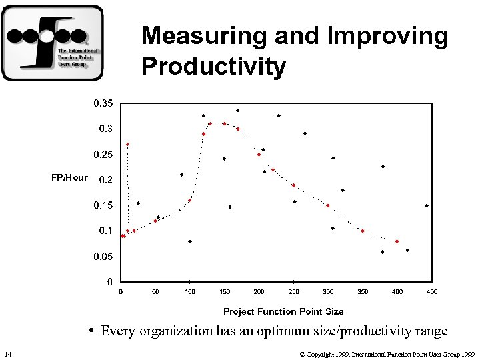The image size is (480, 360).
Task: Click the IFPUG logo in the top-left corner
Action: pyautogui.click(x=53, y=43)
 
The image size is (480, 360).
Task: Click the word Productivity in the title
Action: pyautogui.click(x=213, y=67)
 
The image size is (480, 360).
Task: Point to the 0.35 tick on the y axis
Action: pyautogui.click(x=103, y=103)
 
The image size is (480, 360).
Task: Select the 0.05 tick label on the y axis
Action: pyautogui.click(x=103, y=257)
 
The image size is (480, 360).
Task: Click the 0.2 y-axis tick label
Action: pyautogui.click(x=105, y=180)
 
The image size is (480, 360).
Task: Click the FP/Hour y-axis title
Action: pyautogui.click(x=69, y=177)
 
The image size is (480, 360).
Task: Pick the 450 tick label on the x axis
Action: pyautogui.click(x=432, y=291)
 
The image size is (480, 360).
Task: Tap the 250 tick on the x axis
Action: pyautogui.click(x=293, y=291)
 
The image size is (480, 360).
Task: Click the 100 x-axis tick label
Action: pyautogui.click(x=190, y=291)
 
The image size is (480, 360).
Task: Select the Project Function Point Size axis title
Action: pyautogui.click(x=283, y=311)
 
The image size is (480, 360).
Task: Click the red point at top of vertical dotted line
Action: pyautogui.click(x=128, y=144)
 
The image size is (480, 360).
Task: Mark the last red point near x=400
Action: pyautogui.click(x=397, y=241)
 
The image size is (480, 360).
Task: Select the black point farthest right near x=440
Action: pyautogui.click(x=427, y=205)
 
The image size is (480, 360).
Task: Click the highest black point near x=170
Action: pyautogui.click(x=238, y=110)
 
